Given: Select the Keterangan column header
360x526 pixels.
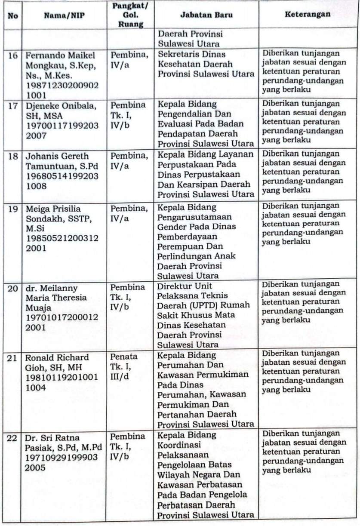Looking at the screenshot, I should tap(307, 14).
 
